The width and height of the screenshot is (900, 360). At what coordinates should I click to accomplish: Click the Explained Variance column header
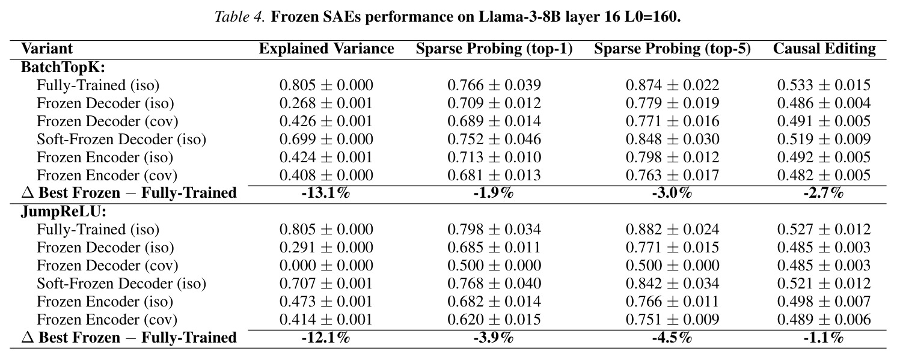point(326,49)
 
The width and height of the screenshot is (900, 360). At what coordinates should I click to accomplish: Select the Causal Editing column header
point(824,49)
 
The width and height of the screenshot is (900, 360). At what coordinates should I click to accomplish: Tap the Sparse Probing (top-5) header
point(673,49)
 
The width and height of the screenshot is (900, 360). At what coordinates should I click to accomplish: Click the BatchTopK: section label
point(63,67)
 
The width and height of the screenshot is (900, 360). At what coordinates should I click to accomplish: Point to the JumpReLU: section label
point(64,212)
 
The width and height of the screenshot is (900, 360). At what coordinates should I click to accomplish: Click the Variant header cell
point(47,49)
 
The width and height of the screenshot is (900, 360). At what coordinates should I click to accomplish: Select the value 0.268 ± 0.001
point(326,103)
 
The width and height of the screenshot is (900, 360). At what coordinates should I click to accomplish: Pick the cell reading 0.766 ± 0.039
point(494,85)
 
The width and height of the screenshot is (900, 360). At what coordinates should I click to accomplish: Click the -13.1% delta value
point(326,194)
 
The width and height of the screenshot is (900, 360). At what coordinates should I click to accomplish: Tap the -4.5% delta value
point(672,338)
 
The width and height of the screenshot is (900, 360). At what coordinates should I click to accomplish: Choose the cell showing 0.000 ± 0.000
point(326,266)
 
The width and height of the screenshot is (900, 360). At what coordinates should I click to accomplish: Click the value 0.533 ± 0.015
point(824,85)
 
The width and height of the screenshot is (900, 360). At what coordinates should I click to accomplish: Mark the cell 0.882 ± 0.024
point(673,230)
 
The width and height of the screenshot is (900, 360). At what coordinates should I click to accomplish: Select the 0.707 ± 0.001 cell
point(326,284)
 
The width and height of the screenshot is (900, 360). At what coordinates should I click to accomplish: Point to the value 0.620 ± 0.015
point(494,319)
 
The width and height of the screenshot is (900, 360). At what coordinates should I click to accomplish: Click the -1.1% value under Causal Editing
point(824,338)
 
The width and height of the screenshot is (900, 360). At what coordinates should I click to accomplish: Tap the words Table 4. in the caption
point(240,17)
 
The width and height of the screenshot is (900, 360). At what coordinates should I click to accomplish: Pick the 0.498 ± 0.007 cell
point(824,302)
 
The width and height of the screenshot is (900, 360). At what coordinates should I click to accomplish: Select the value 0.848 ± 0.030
point(673,139)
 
